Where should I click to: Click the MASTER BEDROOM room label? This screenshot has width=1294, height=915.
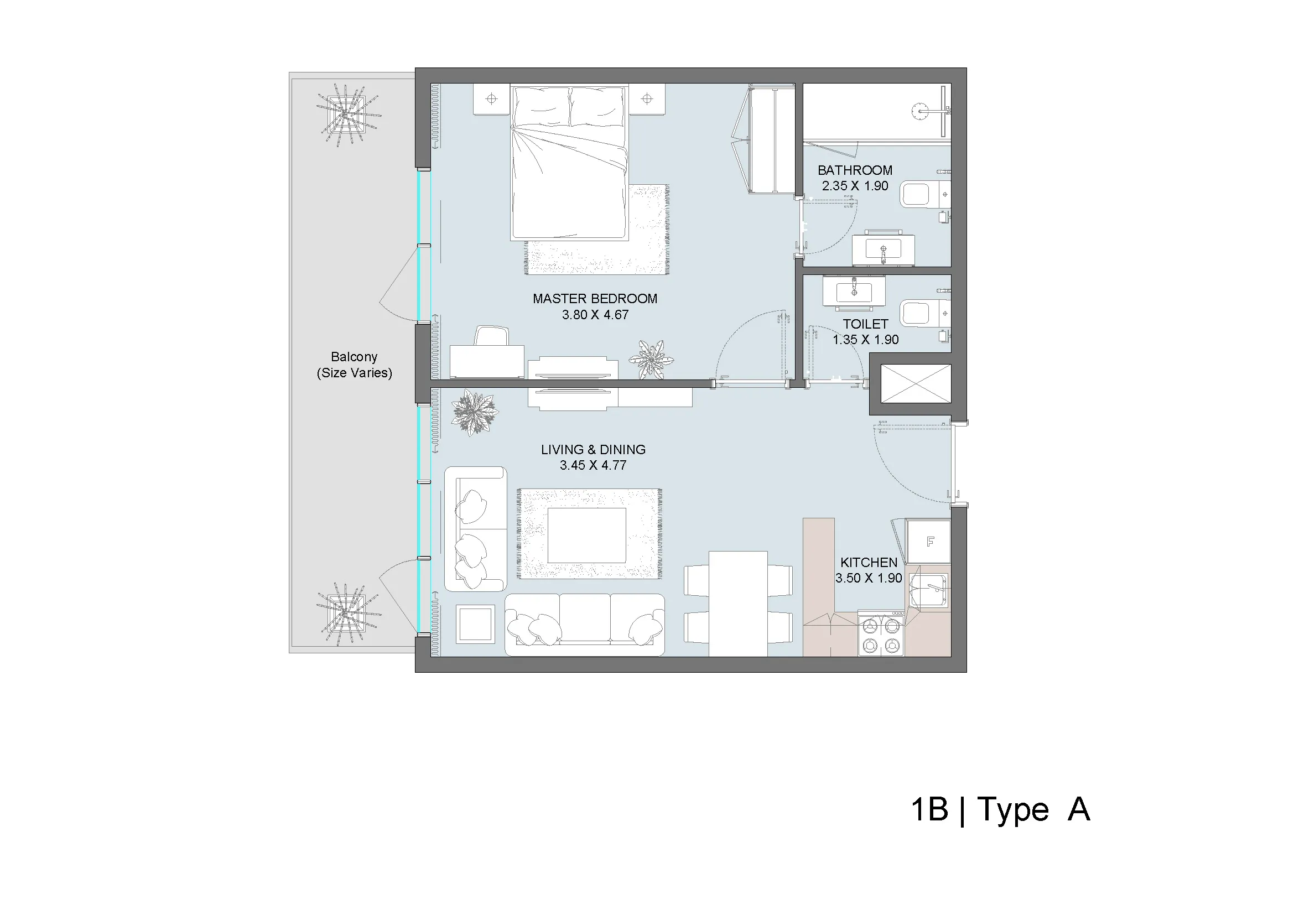click(595, 299)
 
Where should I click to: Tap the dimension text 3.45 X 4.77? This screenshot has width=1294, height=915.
click(593, 465)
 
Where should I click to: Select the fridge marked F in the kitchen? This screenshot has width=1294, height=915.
click(928, 542)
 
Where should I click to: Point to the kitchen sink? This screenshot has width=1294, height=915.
click(928, 591)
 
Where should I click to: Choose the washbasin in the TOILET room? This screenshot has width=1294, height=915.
click(854, 292)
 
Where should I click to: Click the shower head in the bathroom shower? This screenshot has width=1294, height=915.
click(920, 111)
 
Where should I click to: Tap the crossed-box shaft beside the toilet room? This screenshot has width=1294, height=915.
click(915, 384)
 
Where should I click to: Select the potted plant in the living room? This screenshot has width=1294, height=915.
click(475, 413)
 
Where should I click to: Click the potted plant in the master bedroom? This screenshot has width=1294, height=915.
click(651, 360)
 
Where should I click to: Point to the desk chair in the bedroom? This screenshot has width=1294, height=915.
click(491, 336)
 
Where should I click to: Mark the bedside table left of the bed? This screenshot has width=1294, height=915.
click(491, 99)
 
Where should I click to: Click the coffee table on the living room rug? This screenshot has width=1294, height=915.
click(586, 536)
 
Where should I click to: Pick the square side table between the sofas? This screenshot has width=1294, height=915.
click(476, 624)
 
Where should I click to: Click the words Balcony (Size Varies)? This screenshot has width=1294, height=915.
click(354, 365)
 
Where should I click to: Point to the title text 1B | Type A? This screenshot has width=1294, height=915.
click(1000, 810)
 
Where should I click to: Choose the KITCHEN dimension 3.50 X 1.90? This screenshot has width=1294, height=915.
click(869, 578)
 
